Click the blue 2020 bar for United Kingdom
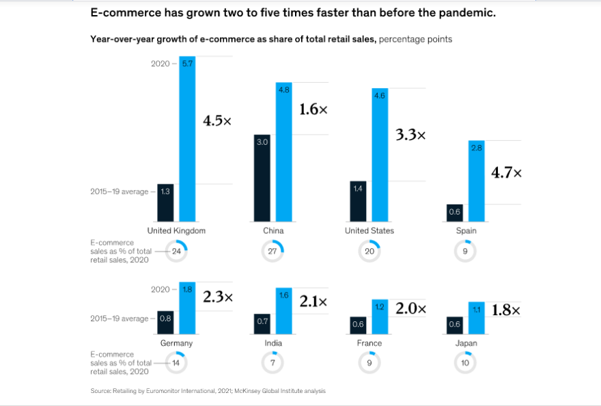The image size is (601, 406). (x=187, y=139)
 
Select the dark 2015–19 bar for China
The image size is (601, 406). (x=262, y=178)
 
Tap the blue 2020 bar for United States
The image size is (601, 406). (x=380, y=155)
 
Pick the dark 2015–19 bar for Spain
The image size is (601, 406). (x=455, y=213)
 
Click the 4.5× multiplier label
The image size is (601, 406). (x=217, y=121)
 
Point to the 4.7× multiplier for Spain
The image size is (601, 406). (x=507, y=173)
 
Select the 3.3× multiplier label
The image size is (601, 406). (x=410, y=135)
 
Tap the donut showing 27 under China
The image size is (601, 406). (x=273, y=251)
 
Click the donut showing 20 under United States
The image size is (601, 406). (x=369, y=251)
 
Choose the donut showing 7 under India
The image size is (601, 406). (x=272, y=363)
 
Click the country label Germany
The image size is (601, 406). (x=176, y=343)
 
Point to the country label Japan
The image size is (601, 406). (x=466, y=343)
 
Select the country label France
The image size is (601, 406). (x=369, y=343)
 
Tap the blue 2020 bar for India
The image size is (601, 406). (x=283, y=310)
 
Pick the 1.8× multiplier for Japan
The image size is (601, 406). (x=506, y=310)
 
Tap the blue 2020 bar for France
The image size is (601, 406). (x=380, y=316)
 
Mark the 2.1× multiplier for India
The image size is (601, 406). (x=313, y=301)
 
